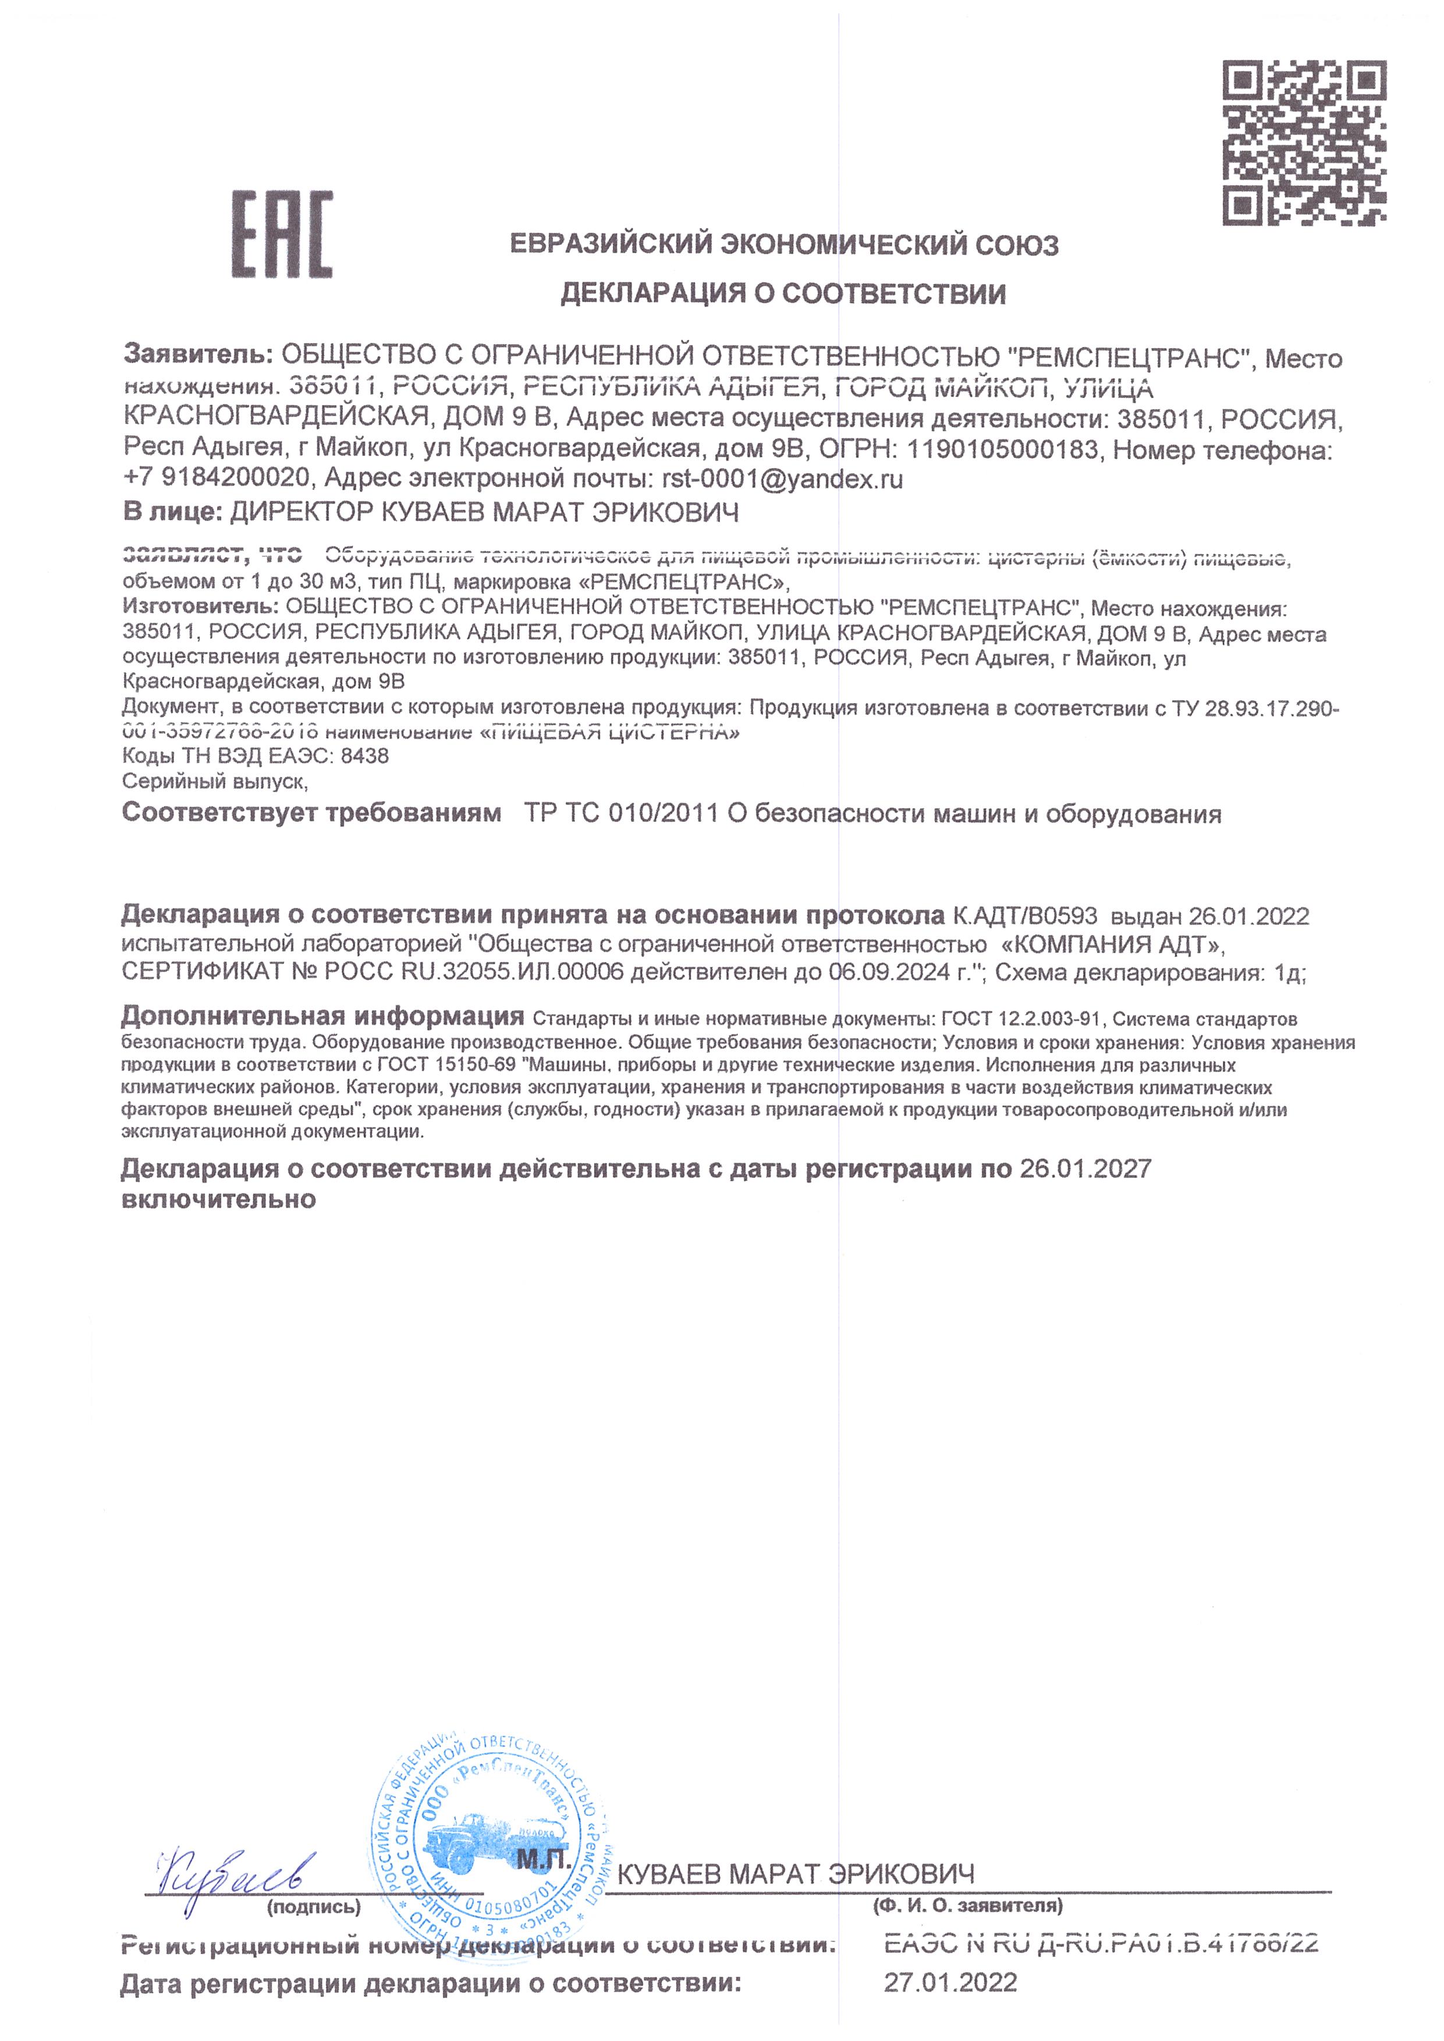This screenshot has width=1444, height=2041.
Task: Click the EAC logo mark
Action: [282, 234]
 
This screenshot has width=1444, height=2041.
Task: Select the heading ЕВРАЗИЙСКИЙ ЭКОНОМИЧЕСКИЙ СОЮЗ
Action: [784, 244]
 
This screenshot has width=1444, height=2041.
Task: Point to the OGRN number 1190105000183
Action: [1002, 450]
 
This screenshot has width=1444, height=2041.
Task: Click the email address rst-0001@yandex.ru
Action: [782, 479]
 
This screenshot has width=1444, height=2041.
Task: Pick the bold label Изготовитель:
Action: [201, 608]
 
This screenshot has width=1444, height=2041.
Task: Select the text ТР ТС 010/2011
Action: [622, 814]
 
